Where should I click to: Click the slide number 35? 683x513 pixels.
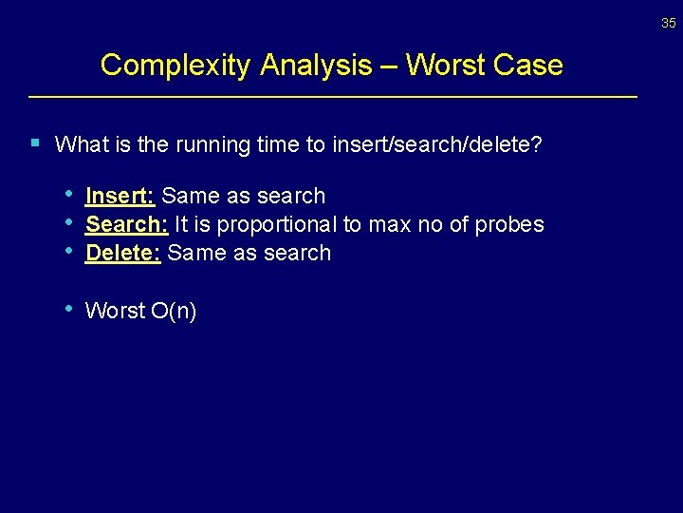(669, 23)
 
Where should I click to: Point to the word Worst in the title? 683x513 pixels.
(445, 66)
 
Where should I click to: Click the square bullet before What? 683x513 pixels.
(35, 143)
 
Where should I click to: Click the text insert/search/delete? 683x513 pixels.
(437, 145)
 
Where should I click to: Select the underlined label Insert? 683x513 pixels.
(120, 196)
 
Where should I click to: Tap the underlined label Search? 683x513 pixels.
(126, 224)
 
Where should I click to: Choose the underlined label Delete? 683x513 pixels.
(122, 253)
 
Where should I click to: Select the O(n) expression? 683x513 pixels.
(174, 311)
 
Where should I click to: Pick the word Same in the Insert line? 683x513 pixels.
(190, 196)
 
